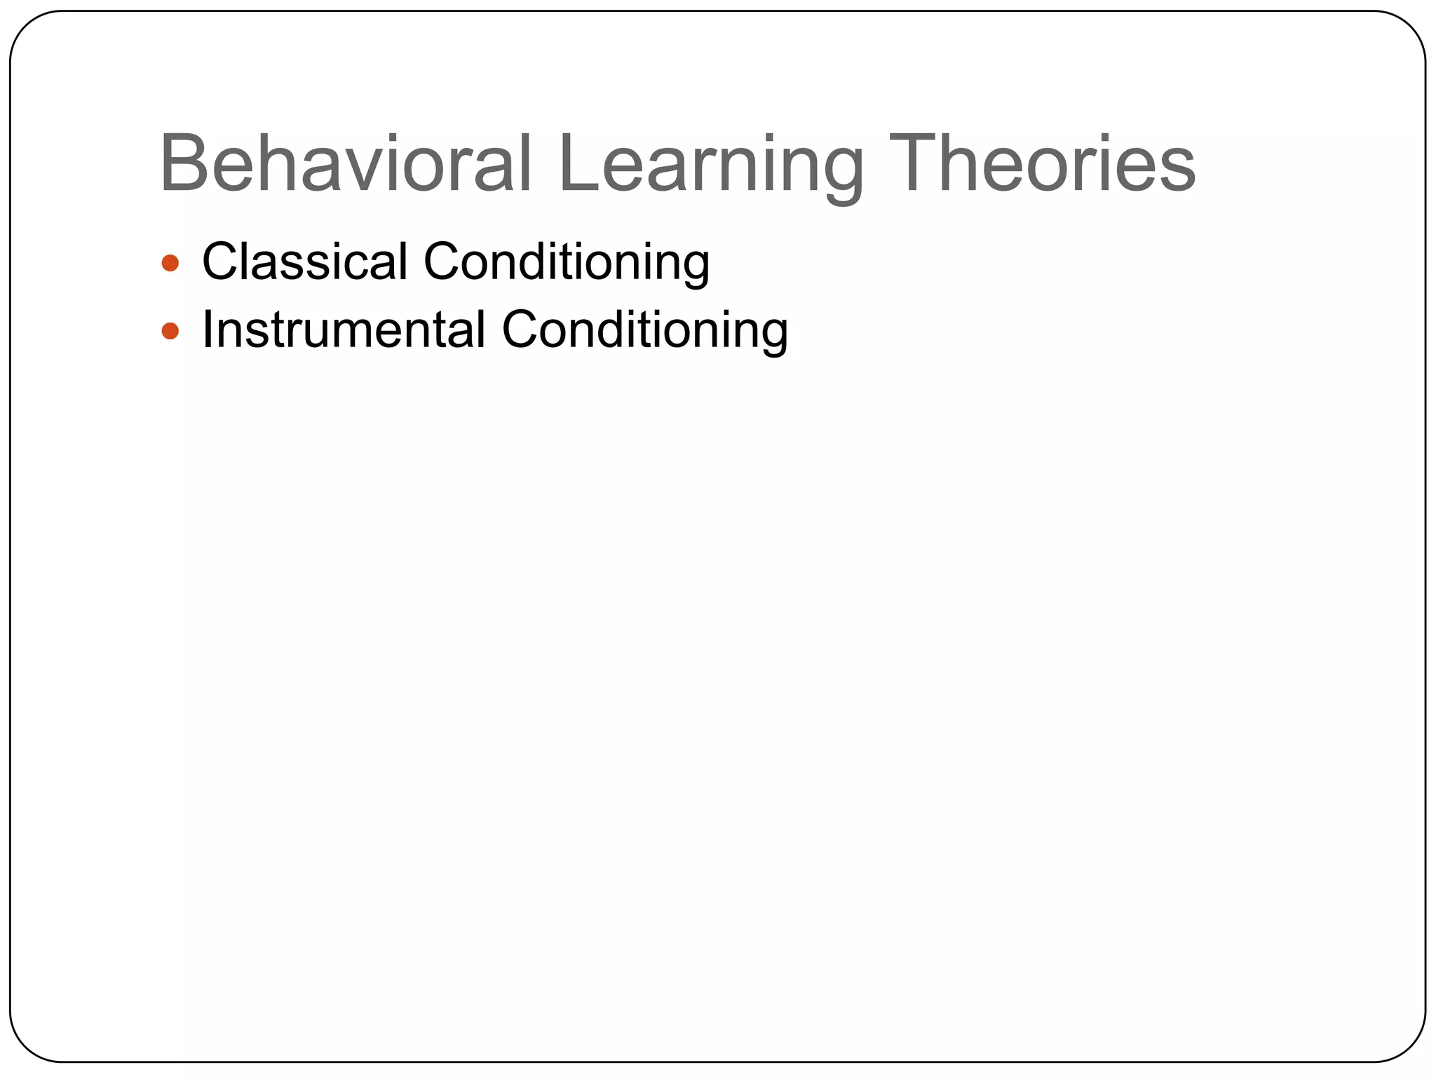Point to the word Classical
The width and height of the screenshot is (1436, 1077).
click(304, 262)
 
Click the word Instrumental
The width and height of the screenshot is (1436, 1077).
click(344, 330)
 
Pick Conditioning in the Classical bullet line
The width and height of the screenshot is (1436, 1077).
click(567, 262)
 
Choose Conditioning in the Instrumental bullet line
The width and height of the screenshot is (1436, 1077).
click(645, 330)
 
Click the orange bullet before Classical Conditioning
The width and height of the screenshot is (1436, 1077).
click(170, 264)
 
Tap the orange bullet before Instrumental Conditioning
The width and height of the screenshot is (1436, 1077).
click(170, 331)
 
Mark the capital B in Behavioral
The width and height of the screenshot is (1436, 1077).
click(184, 164)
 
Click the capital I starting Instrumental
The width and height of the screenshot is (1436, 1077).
click(208, 330)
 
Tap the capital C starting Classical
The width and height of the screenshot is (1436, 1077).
click(223, 262)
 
